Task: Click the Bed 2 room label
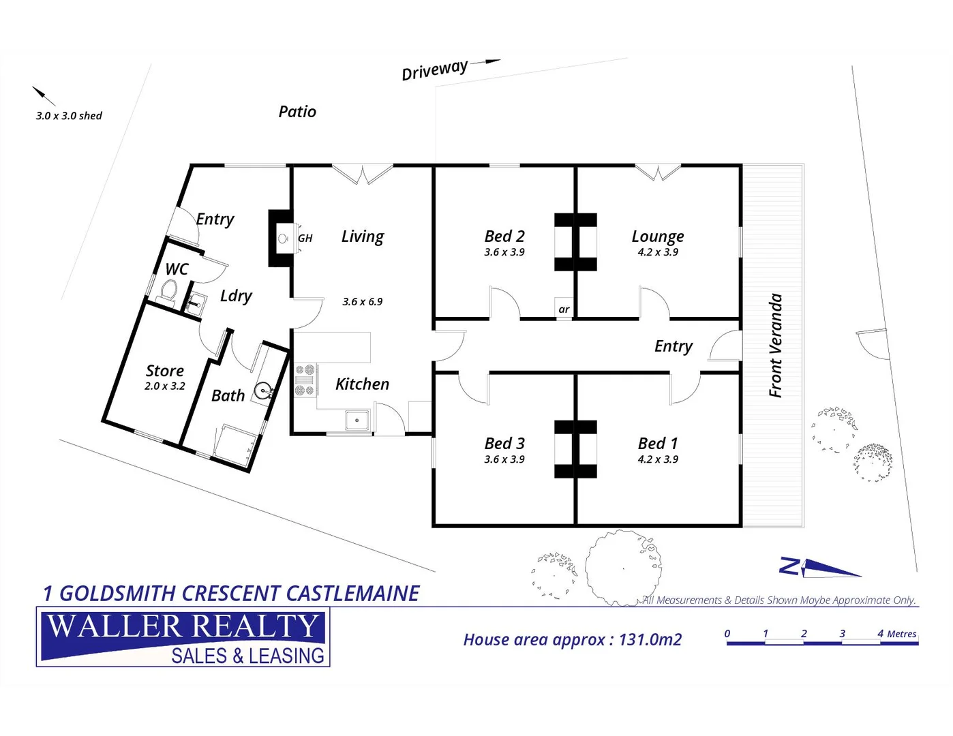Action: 504,236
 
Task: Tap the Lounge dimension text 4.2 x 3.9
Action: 658,252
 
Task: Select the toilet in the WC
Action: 168,291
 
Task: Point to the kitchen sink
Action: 357,420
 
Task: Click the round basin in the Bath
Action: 262,391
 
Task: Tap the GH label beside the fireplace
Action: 305,239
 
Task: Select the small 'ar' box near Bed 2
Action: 564,309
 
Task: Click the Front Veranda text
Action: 775,346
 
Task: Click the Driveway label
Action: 434,70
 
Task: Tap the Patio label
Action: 297,112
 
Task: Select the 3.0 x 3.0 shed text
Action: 69,116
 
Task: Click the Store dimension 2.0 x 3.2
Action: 165,386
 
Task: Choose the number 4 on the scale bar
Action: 881,634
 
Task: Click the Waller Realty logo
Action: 183,637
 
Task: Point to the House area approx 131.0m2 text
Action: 572,640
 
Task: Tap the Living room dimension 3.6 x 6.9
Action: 363,302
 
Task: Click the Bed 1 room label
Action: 658,444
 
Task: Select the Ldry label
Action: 236,296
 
